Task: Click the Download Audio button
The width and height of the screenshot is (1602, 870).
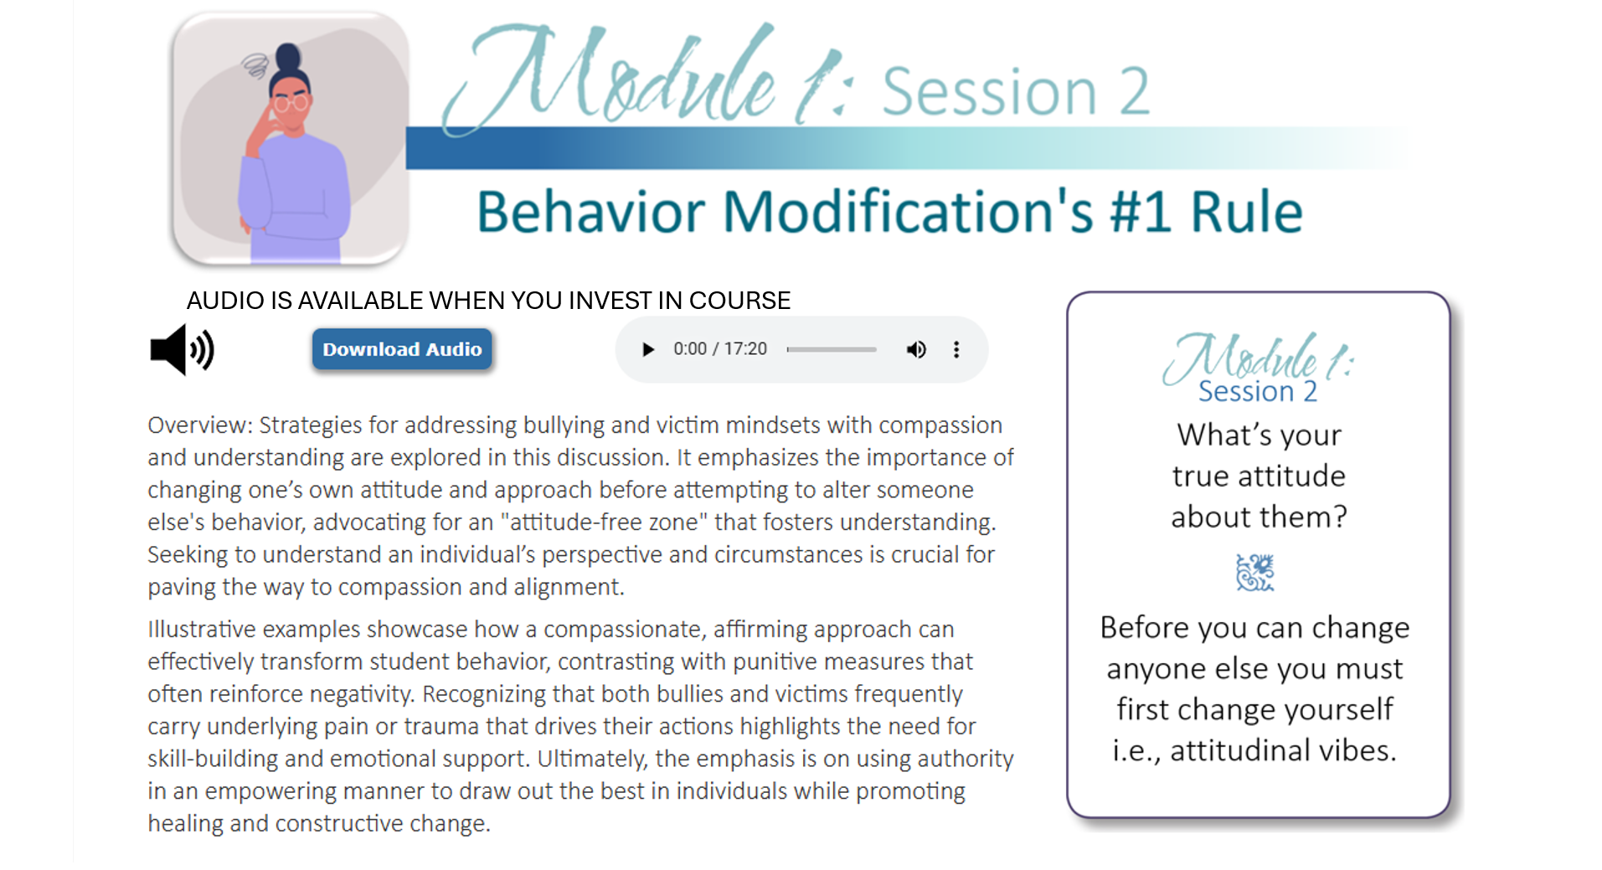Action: click(402, 349)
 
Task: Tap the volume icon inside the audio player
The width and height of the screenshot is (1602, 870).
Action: click(916, 349)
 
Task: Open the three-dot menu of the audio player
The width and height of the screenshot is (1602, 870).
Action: click(956, 349)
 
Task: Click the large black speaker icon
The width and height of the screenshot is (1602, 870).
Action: click(182, 349)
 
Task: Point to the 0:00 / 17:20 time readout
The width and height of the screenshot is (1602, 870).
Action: click(720, 349)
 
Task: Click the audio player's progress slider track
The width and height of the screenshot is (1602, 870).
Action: click(832, 349)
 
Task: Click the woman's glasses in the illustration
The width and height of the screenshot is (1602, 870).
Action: click(291, 104)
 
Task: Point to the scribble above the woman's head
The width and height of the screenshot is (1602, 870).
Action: click(255, 64)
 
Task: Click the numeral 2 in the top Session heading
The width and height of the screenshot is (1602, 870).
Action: click(1135, 91)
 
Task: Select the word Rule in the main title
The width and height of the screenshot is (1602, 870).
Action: click(1246, 212)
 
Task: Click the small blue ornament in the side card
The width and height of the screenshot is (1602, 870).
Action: click(1255, 573)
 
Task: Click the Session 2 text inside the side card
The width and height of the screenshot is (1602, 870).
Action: click(1257, 391)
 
